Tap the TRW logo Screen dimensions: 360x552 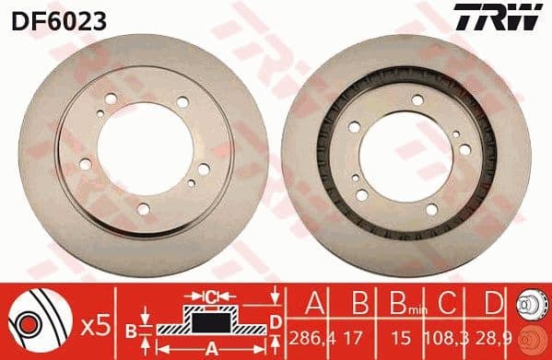point(509,17)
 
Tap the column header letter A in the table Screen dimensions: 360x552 point(314,300)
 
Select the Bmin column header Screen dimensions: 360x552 point(397,301)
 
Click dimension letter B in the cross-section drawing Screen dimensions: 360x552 point(132,329)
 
